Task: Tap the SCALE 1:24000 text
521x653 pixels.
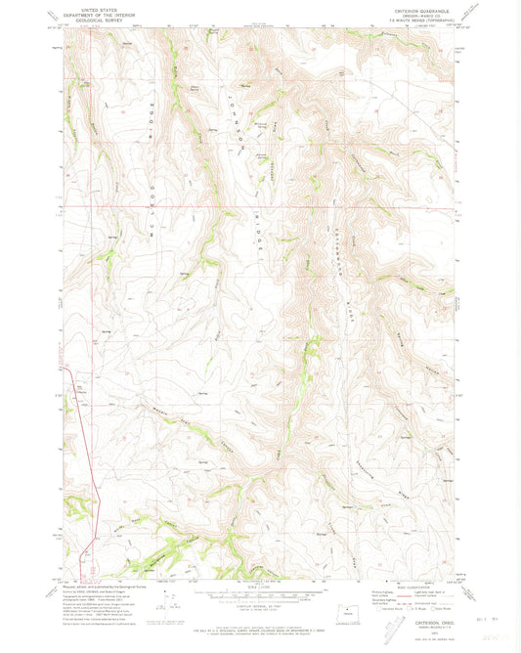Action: pos(259,585)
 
